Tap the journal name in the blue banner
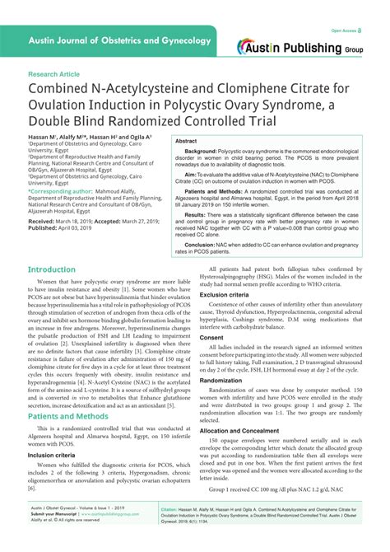[116, 40]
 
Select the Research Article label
[53, 73]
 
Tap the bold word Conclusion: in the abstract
[202, 244]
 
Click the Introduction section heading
[52, 269]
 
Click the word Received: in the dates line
[44, 222]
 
